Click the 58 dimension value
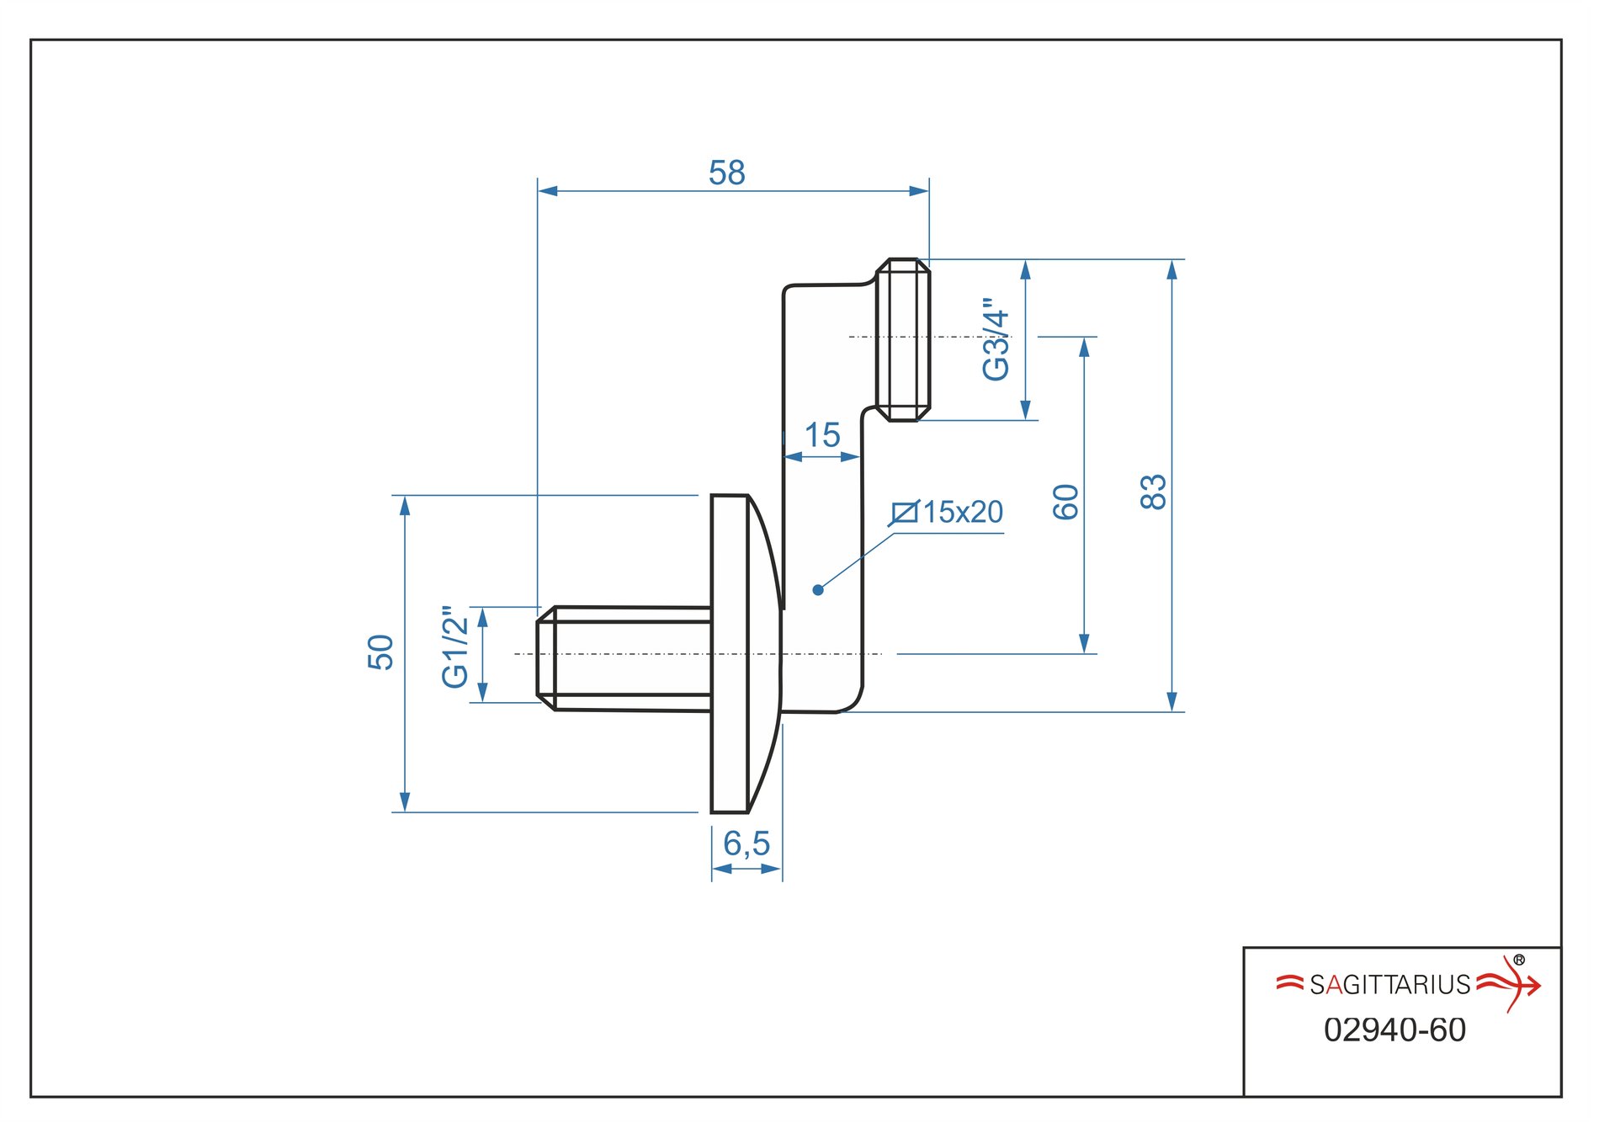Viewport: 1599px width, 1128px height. (727, 173)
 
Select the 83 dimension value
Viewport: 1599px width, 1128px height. (1154, 492)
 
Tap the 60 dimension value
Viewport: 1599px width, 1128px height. (1066, 502)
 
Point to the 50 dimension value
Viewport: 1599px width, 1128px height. (381, 652)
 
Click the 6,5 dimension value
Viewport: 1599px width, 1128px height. (746, 843)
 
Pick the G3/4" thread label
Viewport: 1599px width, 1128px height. (996, 338)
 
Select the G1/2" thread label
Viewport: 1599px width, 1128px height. (455, 646)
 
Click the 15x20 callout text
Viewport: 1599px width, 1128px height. (964, 512)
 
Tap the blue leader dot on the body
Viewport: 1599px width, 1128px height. (818, 590)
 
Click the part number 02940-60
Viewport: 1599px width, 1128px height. (1394, 1030)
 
